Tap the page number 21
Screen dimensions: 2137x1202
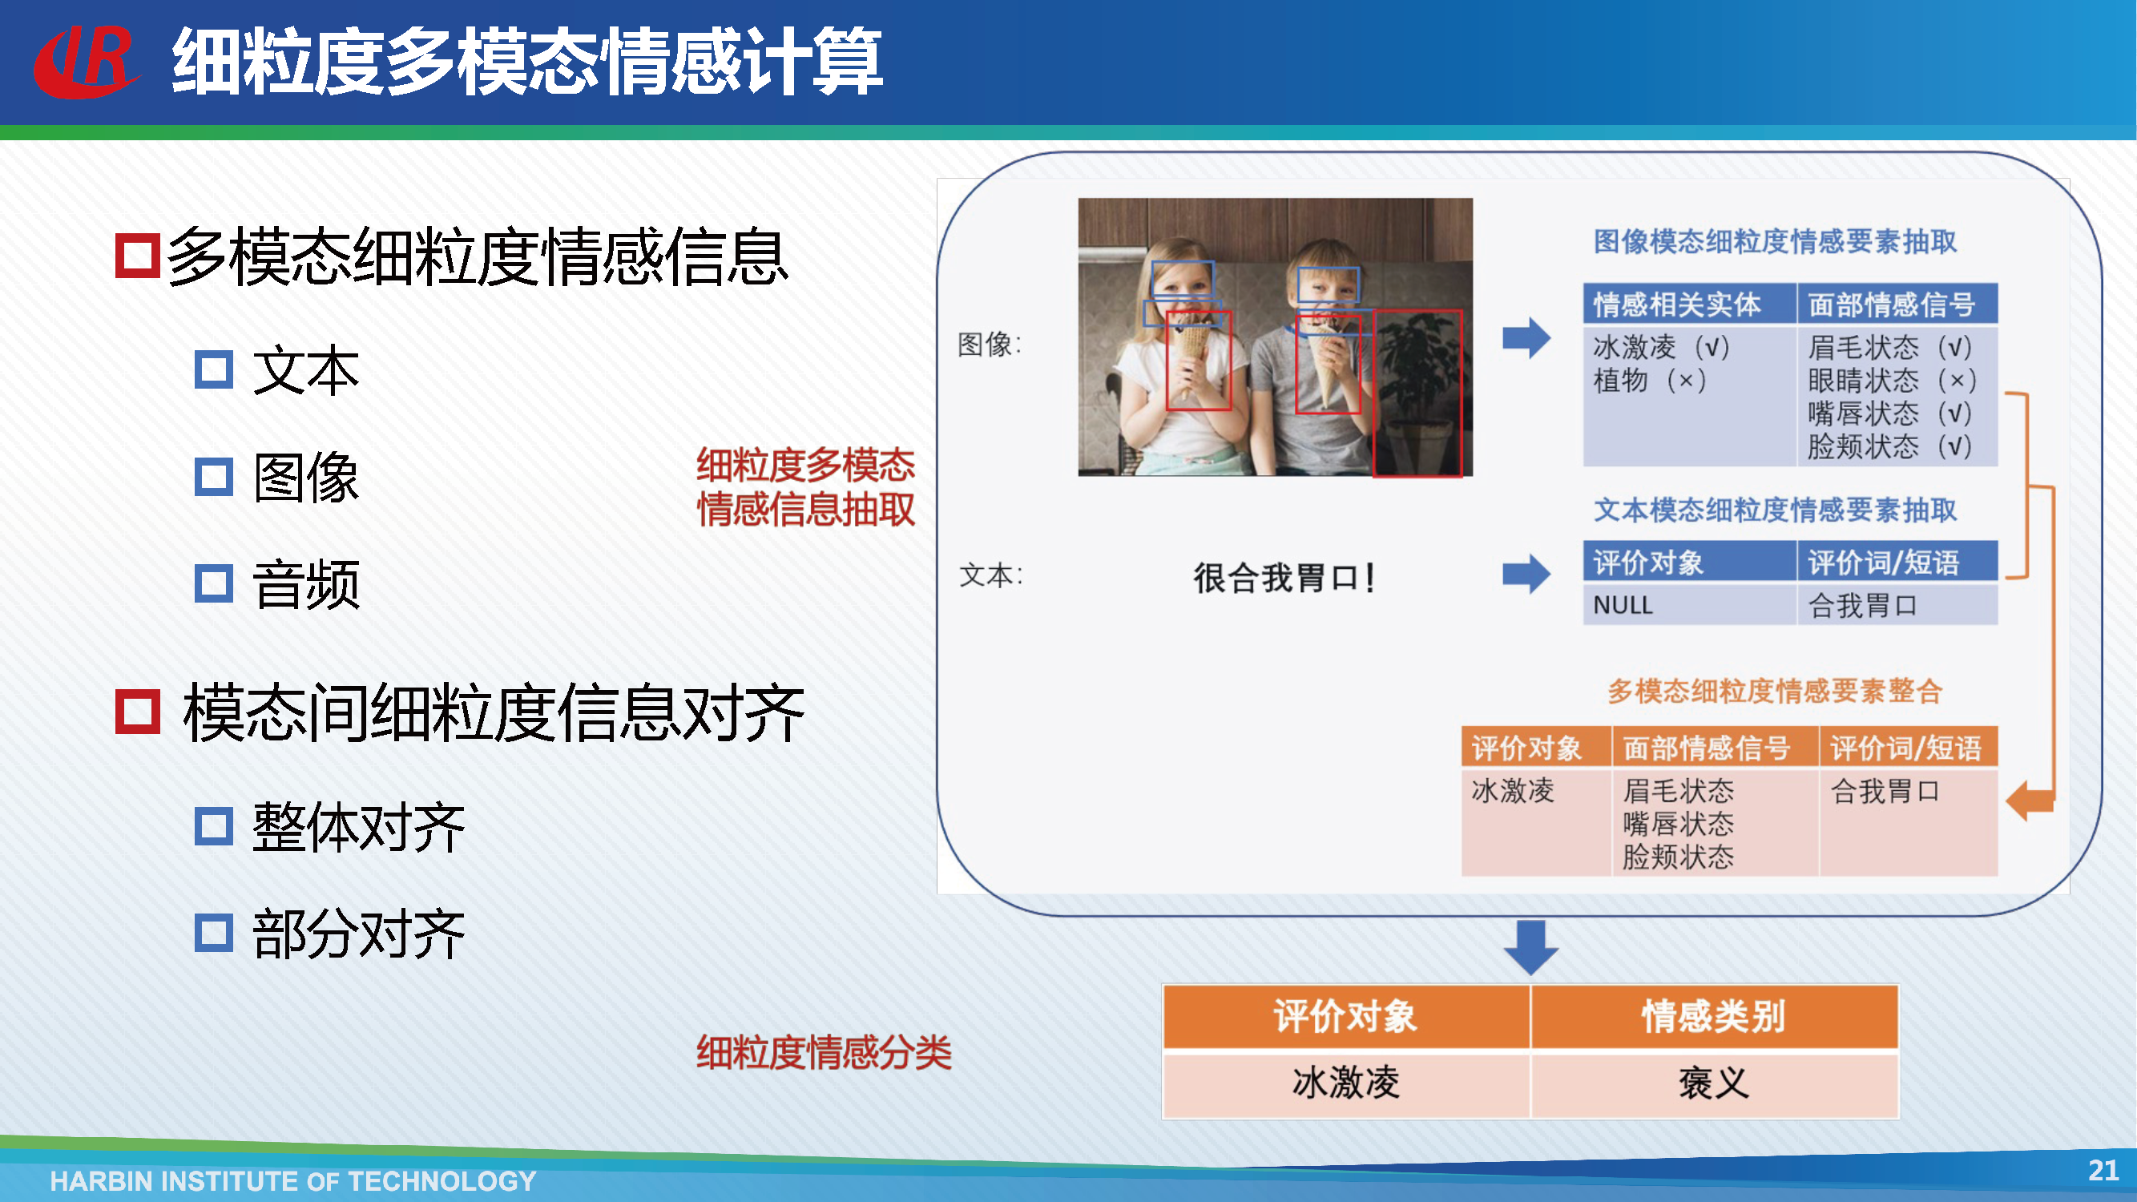click(2103, 1170)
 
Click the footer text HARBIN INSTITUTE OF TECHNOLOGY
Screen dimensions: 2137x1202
click(292, 1180)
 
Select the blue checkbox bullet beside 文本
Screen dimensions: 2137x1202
click(213, 369)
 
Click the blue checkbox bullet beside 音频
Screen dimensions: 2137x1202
click(213, 583)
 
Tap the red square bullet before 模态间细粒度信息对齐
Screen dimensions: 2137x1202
click(137, 712)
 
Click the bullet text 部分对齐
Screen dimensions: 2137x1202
click(358, 934)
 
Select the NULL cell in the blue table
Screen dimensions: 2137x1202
click(1623, 605)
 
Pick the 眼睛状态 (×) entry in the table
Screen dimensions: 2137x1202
click(1893, 381)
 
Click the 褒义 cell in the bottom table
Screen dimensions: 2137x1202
click(1714, 1083)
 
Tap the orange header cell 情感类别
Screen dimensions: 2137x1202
click(1714, 1016)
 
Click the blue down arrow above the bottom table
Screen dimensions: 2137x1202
click(1530, 947)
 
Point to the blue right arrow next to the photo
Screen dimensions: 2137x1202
click(1526, 337)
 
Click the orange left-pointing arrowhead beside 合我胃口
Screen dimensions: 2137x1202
click(2024, 801)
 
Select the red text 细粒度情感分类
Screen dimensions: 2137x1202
click(824, 1052)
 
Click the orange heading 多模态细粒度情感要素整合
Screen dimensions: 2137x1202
click(1775, 691)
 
